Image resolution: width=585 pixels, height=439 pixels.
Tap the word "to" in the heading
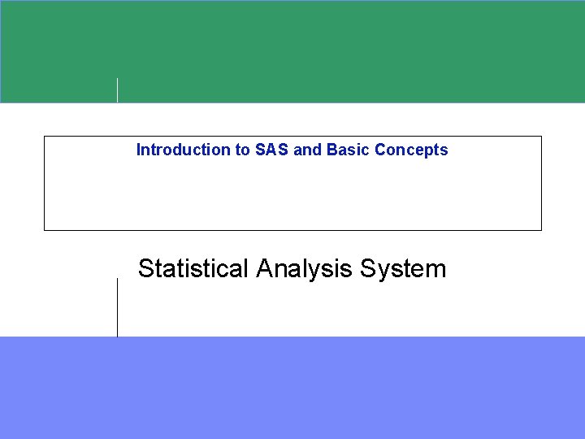click(242, 150)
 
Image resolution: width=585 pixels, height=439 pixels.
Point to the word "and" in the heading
click(308, 150)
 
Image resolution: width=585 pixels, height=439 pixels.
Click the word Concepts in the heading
click(411, 150)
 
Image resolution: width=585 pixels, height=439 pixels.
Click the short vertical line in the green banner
click(118, 89)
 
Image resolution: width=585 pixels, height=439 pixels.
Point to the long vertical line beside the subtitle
click(118, 306)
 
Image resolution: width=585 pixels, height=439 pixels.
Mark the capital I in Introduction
click(138, 150)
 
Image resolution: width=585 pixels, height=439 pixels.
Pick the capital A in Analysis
click(263, 268)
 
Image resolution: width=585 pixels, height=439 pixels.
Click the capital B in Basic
click(331, 150)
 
